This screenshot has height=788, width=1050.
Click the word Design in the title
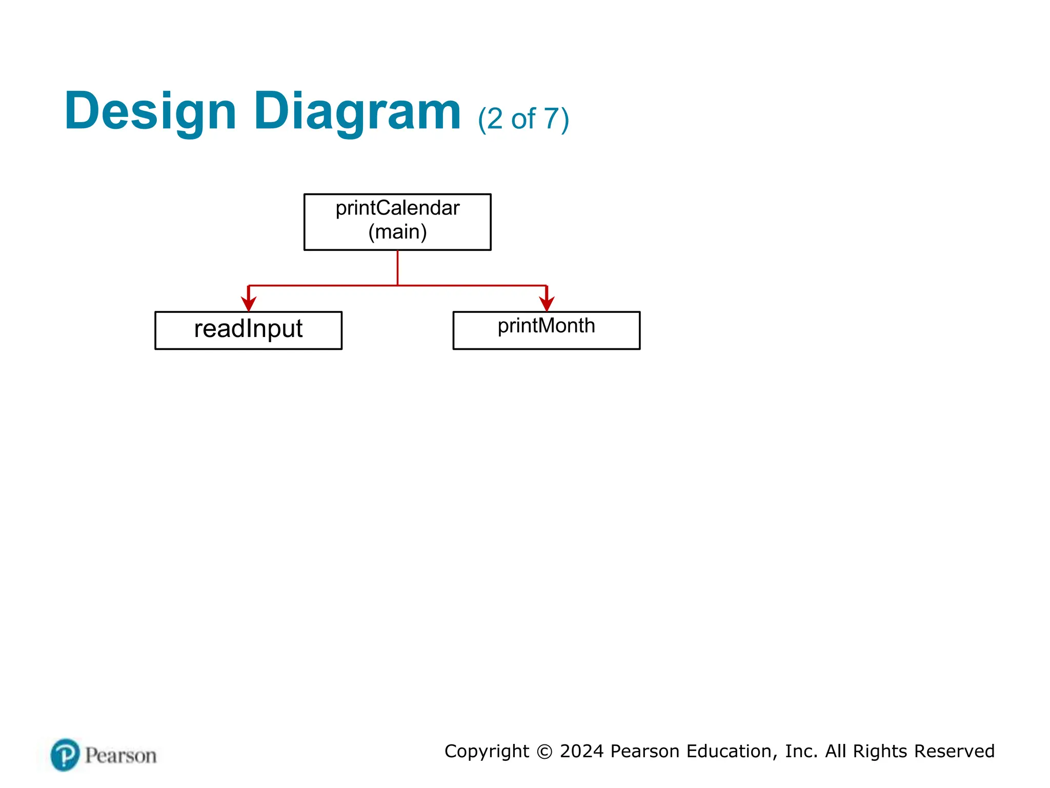(150, 111)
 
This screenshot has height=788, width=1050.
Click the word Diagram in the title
(357, 111)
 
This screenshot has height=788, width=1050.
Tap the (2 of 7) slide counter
(523, 119)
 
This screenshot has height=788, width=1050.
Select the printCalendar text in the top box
(397, 208)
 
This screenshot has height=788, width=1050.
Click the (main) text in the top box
(397, 232)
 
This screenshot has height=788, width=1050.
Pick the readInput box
(248, 330)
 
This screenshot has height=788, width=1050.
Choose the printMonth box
(546, 330)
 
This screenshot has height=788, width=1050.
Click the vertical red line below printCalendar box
(397, 267)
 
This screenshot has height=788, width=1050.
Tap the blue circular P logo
(65, 755)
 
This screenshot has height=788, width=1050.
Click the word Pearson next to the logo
(120, 756)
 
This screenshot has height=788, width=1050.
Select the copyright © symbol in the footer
(544, 752)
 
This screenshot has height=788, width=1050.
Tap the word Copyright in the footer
(487, 751)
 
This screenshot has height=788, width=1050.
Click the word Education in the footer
(729, 751)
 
